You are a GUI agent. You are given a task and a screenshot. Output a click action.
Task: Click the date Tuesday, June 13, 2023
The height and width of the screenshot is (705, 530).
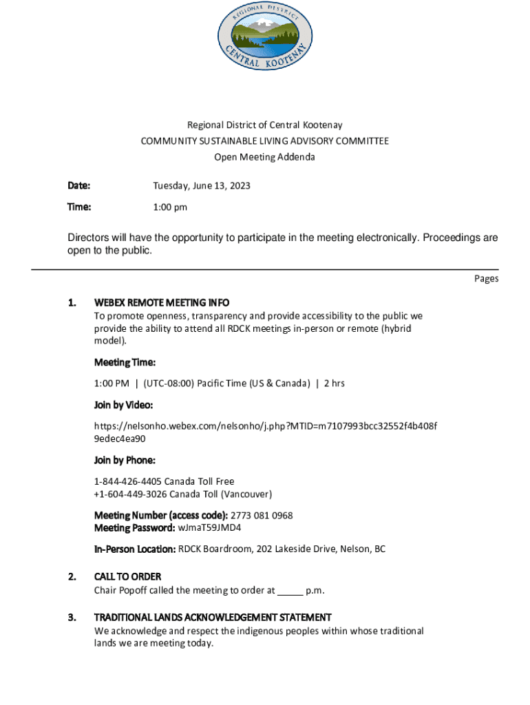tap(201, 186)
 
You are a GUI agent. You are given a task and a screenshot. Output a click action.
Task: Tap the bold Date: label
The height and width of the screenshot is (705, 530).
tap(79, 186)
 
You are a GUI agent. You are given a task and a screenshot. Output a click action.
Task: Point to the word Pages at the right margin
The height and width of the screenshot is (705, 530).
tap(486, 279)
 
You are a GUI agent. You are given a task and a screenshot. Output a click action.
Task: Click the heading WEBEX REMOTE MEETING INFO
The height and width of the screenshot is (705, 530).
tap(162, 302)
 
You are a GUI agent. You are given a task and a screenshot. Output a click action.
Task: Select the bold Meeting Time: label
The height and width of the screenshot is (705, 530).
tap(125, 362)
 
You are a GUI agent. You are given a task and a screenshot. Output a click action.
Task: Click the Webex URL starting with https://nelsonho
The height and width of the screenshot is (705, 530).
tap(265, 426)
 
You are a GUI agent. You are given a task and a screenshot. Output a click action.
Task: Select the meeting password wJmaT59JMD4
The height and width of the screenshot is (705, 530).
tap(209, 528)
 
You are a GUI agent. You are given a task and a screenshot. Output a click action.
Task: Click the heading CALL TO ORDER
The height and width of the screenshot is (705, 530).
tap(127, 576)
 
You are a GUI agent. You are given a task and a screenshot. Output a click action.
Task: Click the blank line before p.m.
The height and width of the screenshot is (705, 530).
tap(290, 591)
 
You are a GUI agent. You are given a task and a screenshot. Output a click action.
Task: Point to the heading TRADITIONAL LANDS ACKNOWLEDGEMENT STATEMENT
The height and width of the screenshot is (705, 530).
tap(213, 618)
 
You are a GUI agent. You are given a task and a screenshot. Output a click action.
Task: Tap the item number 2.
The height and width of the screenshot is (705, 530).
tap(72, 576)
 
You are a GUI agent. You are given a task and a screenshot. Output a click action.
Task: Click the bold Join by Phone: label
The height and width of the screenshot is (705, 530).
tap(125, 460)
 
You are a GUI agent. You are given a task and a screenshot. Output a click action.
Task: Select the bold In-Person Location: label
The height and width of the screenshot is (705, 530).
tap(135, 549)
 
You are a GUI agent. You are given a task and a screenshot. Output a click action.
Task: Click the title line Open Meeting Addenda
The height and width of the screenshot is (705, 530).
tap(264, 157)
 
